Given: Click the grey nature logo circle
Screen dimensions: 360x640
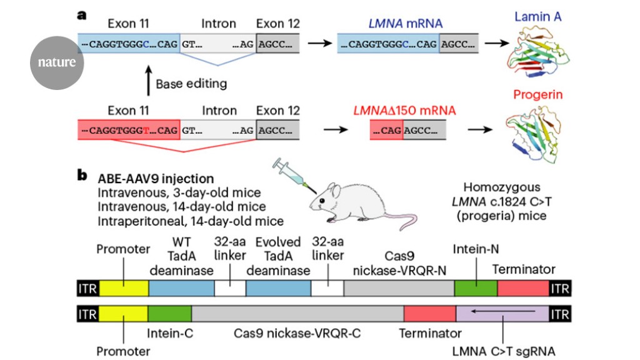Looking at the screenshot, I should click(x=57, y=62).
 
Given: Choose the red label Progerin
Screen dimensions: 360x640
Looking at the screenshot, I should click(x=538, y=95).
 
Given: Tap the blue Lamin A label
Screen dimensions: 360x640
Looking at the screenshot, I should click(x=538, y=17).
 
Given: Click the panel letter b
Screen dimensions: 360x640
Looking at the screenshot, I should click(x=82, y=176).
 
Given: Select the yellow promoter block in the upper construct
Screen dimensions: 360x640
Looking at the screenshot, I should click(x=124, y=287).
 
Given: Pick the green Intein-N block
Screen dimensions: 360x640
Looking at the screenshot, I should click(x=476, y=287).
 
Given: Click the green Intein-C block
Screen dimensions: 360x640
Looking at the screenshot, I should click(x=169, y=313).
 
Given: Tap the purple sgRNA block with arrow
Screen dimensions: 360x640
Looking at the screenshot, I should click(x=502, y=313).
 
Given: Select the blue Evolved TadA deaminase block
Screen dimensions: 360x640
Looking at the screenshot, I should click(x=278, y=287).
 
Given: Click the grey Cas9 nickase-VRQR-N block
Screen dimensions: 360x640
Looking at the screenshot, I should click(x=399, y=287).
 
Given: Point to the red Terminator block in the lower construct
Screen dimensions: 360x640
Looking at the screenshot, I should click(x=430, y=313).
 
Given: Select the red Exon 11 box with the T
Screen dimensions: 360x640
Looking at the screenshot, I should click(x=129, y=131).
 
